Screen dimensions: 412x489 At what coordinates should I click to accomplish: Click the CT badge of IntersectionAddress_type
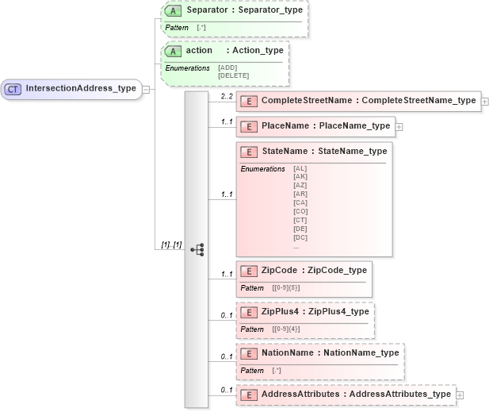click(x=13, y=88)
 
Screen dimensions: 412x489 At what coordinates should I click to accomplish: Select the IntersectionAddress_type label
click(x=80, y=88)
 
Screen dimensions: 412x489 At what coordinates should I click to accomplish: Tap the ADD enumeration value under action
click(x=227, y=67)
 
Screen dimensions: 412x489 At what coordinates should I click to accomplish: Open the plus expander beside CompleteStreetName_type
click(x=484, y=102)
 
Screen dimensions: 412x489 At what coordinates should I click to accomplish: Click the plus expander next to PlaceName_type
click(x=399, y=126)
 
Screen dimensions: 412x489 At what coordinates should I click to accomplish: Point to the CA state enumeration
click(x=300, y=202)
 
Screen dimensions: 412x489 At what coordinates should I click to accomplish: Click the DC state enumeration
click(x=300, y=237)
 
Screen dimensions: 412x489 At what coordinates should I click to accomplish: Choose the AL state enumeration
click(x=300, y=168)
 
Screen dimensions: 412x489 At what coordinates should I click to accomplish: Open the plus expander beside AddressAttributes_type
click(x=459, y=395)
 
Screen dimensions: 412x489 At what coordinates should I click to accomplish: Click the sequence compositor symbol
click(x=197, y=249)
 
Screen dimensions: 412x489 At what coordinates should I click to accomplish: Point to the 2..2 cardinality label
click(x=227, y=95)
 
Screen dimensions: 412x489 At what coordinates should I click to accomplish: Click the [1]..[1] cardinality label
click(x=171, y=245)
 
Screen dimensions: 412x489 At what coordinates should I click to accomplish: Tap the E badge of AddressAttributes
click(x=249, y=395)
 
